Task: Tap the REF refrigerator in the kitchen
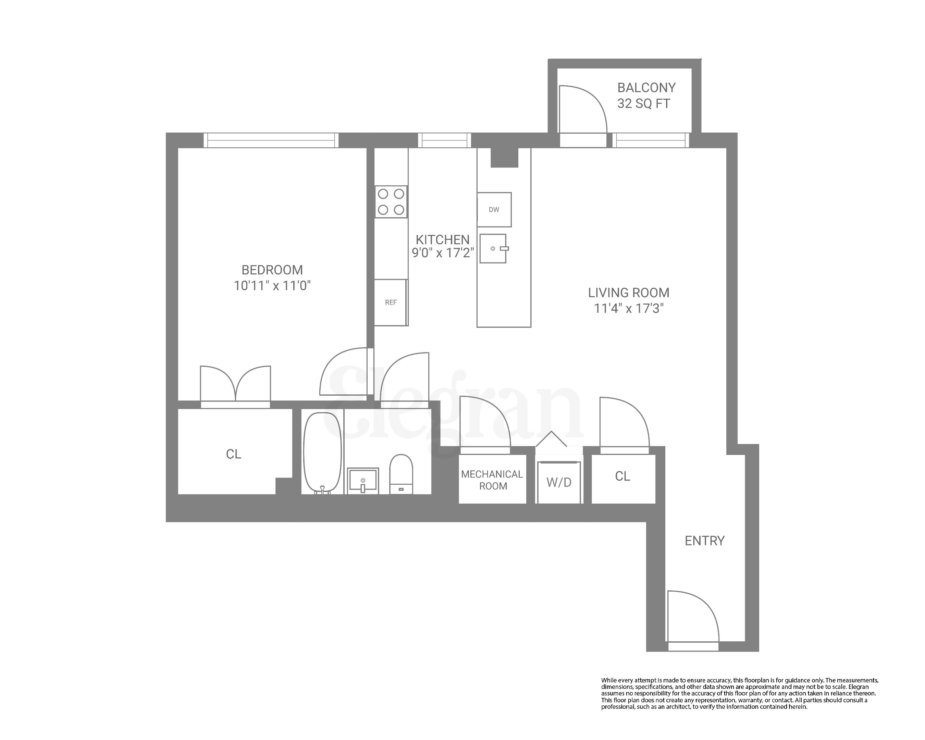[391, 303]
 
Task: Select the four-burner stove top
[391, 202]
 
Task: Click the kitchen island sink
[493, 248]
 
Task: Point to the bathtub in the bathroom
[323, 453]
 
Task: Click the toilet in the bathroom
[401, 474]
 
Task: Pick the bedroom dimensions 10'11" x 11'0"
[272, 286]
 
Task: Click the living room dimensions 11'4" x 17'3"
[629, 308]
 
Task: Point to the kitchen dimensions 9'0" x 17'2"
[442, 253]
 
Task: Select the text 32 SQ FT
[643, 104]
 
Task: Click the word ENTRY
[704, 541]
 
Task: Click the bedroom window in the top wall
[271, 140]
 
